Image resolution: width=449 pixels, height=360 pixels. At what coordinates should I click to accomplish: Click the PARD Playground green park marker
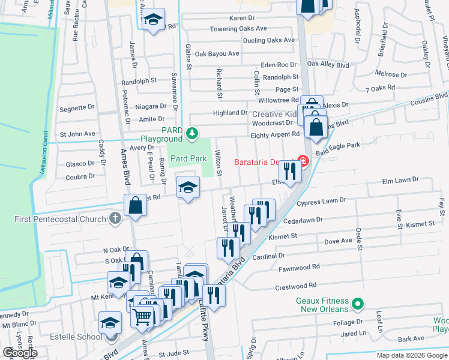pyautogui.click(x=192, y=133)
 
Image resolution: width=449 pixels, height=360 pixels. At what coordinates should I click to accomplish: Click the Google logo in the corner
pyautogui.click(x=20, y=353)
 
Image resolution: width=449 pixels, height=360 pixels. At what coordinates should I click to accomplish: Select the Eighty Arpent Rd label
pyautogui.click(x=275, y=134)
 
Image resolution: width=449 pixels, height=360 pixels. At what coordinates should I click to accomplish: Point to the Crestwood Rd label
pyautogui.click(x=295, y=286)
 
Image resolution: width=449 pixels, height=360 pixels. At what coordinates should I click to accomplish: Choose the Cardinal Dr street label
pyautogui.click(x=268, y=256)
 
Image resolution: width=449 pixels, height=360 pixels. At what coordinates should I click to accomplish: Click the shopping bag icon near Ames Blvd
pyautogui.click(x=136, y=205)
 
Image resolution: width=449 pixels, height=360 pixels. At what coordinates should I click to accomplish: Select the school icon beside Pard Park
pyautogui.click(x=188, y=188)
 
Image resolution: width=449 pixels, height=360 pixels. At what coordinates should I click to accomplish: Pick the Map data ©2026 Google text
pyautogui.click(x=411, y=355)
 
